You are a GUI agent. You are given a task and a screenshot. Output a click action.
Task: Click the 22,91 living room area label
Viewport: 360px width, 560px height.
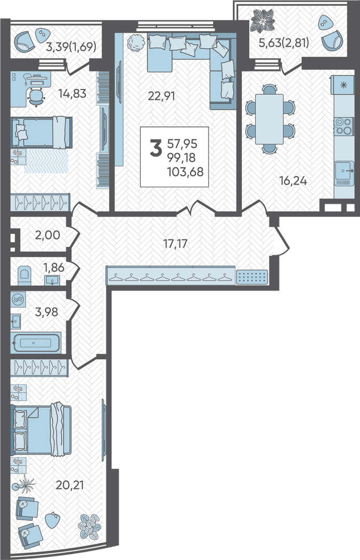pyautogui.click(x=161, y=96)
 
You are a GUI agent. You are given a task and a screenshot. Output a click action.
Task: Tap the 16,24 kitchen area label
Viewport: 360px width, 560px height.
pyautogui.click(x=293, y=181)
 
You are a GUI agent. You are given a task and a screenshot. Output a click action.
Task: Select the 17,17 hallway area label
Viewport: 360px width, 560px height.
pyautogui.click(x=175, y=244)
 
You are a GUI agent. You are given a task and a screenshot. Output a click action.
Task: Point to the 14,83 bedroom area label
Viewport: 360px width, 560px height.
pyautogui.click(x=73, y=93)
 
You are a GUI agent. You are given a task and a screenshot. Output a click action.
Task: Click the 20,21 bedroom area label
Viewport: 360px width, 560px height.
pyautogui.click(x=70, y=485)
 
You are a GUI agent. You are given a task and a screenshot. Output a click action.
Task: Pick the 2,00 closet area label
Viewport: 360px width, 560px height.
pyautogui.click(x=47, y=235)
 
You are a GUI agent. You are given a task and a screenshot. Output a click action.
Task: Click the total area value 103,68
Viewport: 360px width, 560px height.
pyautogui.click(x=185, y=172)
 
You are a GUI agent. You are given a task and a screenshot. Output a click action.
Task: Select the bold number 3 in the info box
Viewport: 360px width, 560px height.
pyautogui.click(x=156, y=149)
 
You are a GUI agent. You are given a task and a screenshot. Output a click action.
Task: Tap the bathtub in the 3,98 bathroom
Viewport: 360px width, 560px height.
pyautogui.click(x=36, y=343)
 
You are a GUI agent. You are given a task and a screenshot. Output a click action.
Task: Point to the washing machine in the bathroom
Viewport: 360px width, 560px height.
pyautogui.click(x=17, y=300)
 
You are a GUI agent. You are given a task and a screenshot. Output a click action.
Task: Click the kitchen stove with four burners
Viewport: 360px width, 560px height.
pyautogui.click(x=343, y=126)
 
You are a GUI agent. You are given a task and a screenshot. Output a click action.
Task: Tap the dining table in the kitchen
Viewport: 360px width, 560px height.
pyautogui.click(x=270, y=119)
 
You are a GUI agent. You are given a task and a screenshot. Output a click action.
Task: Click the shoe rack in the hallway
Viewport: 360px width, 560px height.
pyautogui.click(x=252, y=276)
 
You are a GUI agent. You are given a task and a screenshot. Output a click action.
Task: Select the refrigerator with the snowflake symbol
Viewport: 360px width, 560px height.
pyautogui.click(x=342, y=86)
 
